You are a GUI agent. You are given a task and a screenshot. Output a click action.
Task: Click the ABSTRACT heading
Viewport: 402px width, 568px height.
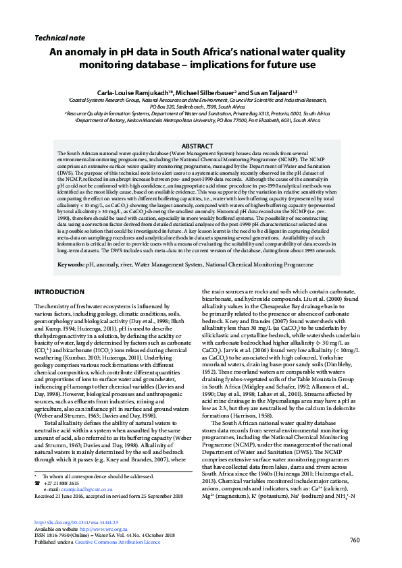pyautogui.click(x=201, y=146)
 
